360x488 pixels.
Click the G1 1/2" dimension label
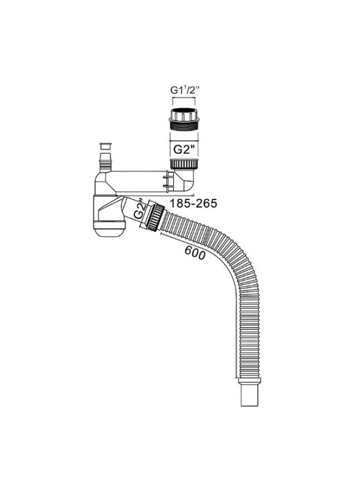click(x=184, y=90)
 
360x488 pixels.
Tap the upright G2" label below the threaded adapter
click(x=185, y=149)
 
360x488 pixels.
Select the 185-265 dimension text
click(x=193, y=203)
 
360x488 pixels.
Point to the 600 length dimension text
click(x=195, y=253)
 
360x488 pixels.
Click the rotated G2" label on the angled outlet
click(x=139, y=210)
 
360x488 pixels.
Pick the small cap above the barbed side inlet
click(x=106, y=146)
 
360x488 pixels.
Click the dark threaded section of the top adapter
click(x=184, y=126)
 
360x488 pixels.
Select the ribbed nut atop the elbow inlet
click(x=184, y=163)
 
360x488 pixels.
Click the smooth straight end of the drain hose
click(x=250, y=395)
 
